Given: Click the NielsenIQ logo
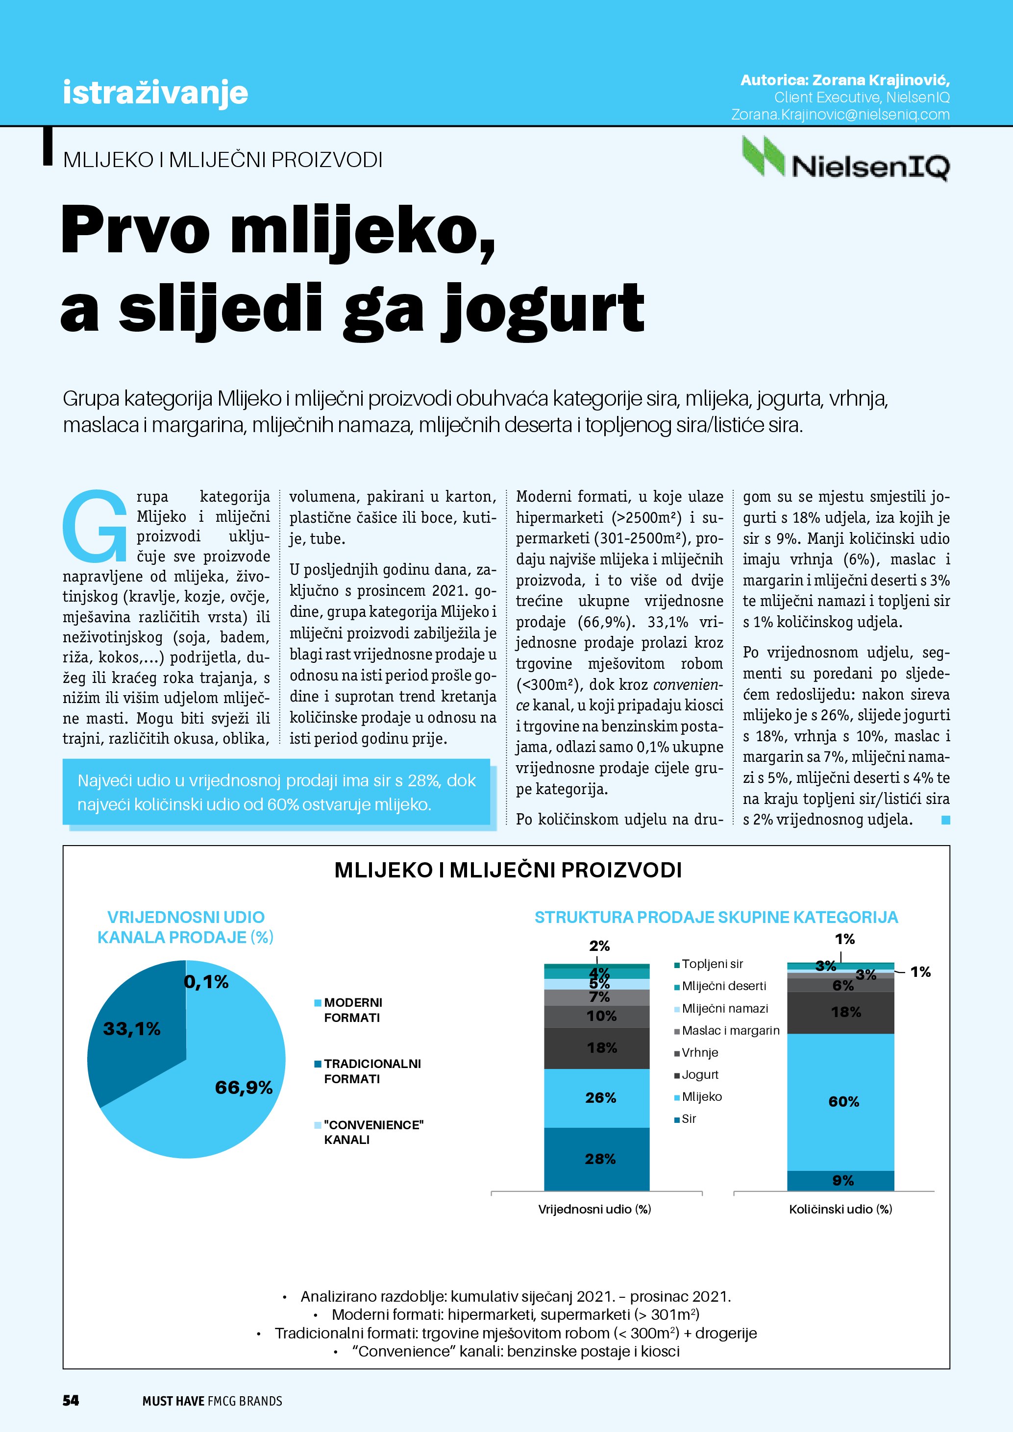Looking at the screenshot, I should [845, 159].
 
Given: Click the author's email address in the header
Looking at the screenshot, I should [840, 115].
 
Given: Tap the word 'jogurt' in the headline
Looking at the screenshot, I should [543, 309].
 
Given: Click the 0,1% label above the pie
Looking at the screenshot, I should [206, 982].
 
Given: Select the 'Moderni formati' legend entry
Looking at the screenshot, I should [352, 1010].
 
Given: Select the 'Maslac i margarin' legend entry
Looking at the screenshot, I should [730, 1030].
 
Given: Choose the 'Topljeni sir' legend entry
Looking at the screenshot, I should [712, 964].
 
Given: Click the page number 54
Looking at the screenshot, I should [71, 1400].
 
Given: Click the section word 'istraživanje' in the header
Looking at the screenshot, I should [155, 92].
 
